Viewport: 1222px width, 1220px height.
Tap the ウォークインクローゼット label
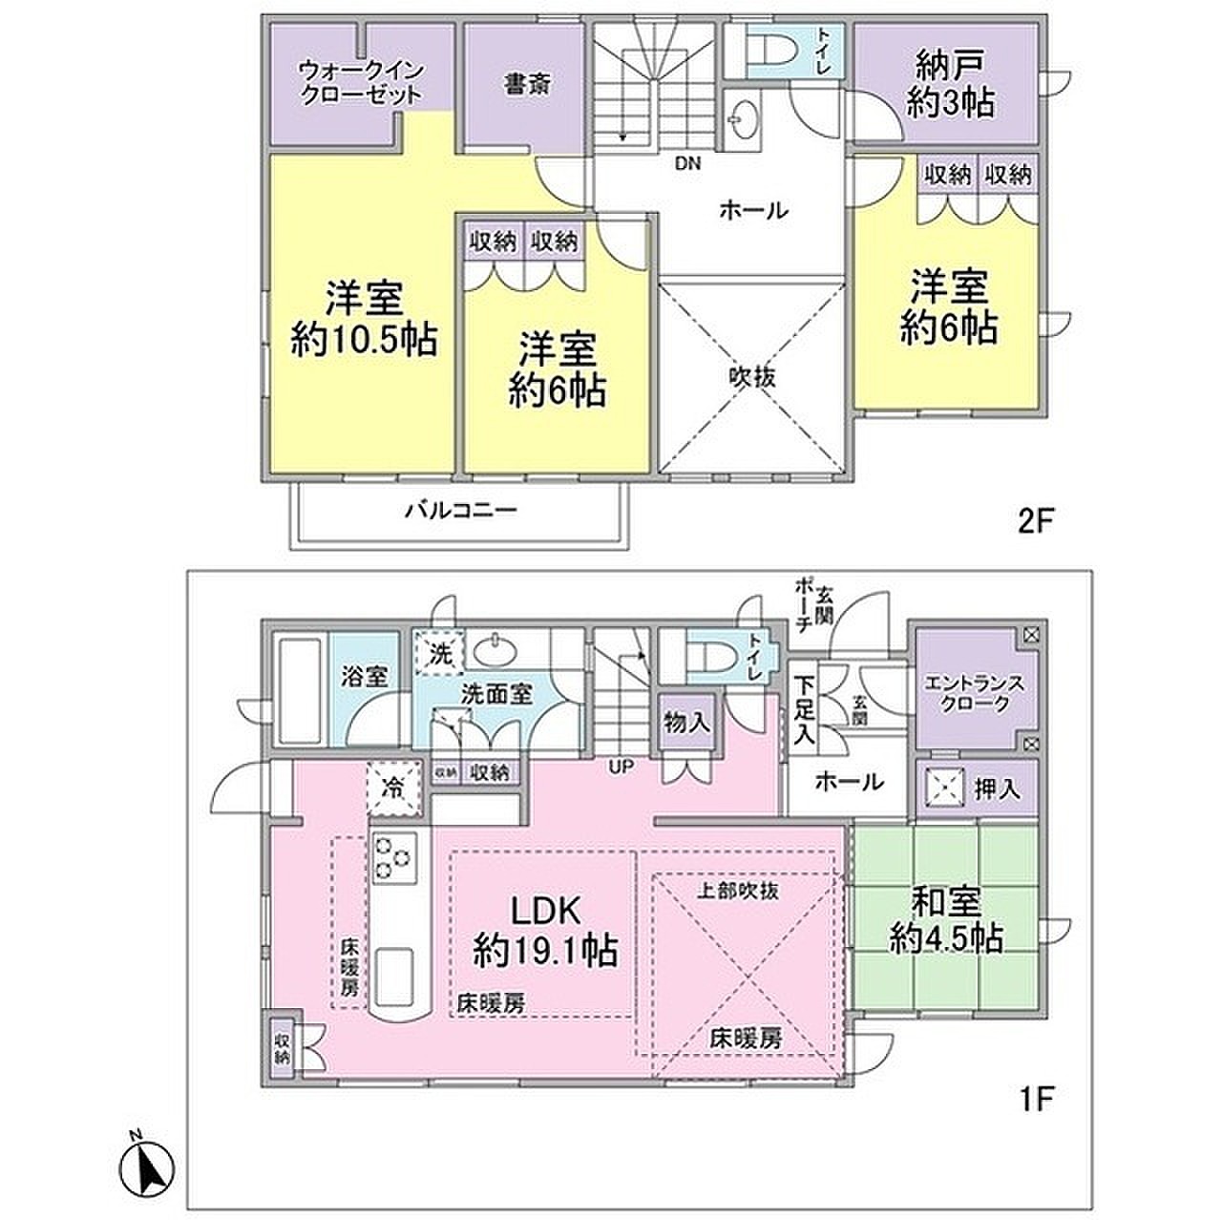(362, 82)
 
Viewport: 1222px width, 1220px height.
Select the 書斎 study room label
(527, 84)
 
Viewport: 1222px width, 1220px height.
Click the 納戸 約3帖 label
(949, 85)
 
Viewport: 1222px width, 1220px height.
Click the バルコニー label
(462, 510)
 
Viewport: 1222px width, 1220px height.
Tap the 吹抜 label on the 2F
(751, 377)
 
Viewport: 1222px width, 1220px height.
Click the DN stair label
(688, 163)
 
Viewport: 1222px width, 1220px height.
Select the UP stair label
(622, 767)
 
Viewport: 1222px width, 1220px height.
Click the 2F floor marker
(1035, 522)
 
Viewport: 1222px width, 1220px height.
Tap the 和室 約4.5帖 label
(946, 920)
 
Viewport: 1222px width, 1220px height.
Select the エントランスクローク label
(976, 694)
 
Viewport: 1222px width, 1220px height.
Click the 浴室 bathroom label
(365, 677)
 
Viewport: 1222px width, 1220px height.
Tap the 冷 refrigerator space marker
(393, 789)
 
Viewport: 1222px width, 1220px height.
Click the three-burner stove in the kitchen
(394, 857)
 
